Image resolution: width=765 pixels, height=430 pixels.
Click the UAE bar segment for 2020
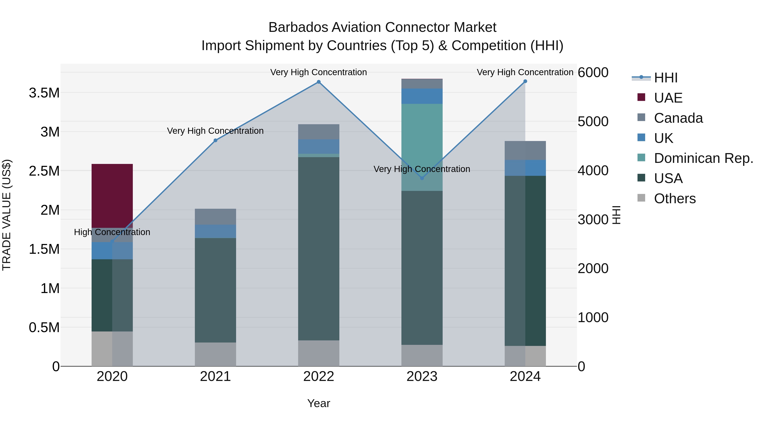(x=112, y=196)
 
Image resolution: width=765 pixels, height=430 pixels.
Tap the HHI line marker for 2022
(x=319, y=82)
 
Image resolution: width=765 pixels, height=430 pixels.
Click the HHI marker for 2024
(x=525, y=81)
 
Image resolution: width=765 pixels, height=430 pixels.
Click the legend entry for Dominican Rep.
(x=703, y=158)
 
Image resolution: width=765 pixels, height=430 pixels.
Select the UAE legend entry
(x=668, y=98)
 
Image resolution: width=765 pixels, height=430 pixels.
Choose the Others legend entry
(x=674, y=199)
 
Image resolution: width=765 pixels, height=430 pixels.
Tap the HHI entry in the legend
(x=666, y=78)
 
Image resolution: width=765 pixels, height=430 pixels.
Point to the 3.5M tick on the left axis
(x=44, y=93)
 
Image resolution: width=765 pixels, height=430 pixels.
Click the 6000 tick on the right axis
(x=593, y=72)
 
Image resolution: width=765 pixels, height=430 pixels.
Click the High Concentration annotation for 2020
(x=112, y=232)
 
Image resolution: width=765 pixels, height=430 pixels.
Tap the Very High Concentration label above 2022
(x=319, y=72)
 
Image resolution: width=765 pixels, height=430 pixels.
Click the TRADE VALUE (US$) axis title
(x=7, y=215)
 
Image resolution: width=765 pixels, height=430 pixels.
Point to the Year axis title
(x=319, y=403)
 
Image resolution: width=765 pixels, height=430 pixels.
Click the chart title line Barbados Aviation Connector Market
(x=382, y=27)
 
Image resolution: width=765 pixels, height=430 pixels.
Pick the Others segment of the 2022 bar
(x=319, y=353)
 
